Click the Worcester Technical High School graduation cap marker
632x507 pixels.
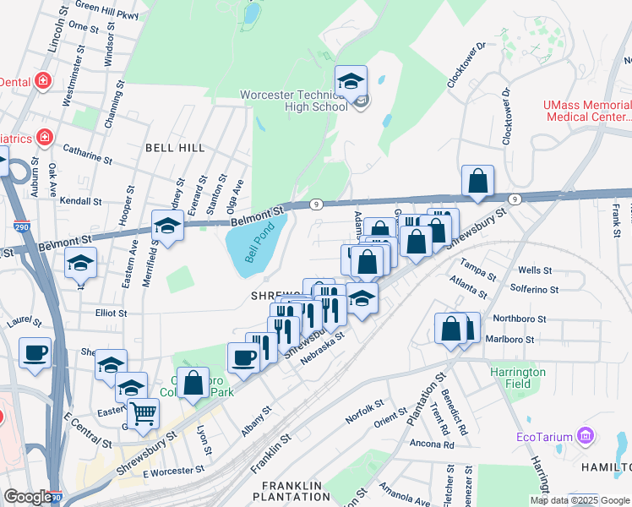pos(351,81)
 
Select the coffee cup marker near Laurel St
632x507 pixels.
pos(35,352)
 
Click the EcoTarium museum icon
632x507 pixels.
pos(585,437)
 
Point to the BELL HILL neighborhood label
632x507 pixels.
pos(175,147)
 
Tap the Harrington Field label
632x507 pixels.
pos(518,378)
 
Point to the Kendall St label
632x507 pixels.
pos(81,202)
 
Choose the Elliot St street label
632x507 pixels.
pos(111,313)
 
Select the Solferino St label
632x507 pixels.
pos(536,289)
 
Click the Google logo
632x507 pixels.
pos(27,497)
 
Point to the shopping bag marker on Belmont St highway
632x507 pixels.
pos(477,180)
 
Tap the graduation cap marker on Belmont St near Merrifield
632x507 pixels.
pos(167,226)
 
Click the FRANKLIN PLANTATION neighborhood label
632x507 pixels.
pos(292,491)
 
